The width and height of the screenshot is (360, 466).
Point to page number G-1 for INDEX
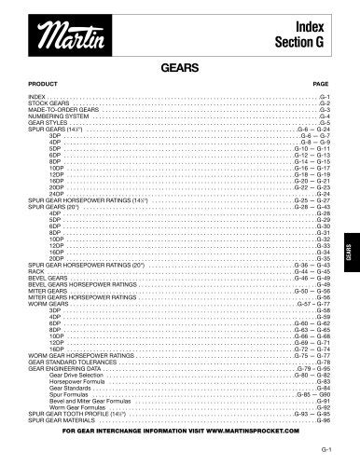(x=325, y=95)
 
